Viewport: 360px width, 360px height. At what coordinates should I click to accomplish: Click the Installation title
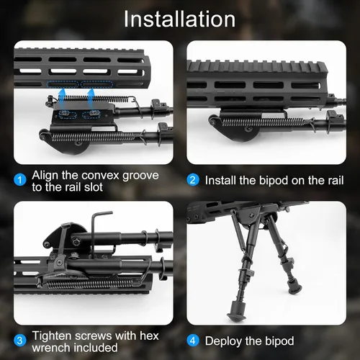179,19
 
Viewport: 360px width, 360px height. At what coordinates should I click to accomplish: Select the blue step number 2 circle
193,180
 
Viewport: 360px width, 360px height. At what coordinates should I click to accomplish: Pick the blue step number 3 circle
21,340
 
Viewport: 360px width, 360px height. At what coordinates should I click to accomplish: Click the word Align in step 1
50,175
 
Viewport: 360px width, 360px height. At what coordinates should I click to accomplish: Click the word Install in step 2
224,180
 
